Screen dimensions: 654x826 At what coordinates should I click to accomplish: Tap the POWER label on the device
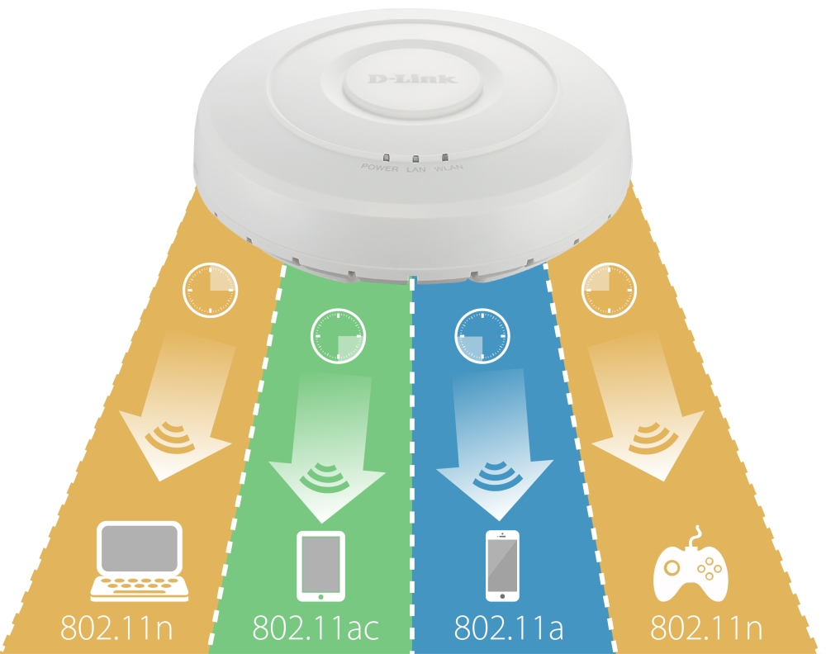pos(379,168)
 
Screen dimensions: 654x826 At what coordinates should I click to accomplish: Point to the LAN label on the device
pos(415,168)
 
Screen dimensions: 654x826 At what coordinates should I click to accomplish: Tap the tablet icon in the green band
pos(320,566)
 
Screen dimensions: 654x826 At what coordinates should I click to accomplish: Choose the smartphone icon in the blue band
pos(502,566)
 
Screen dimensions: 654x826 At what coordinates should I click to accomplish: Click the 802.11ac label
pos(316,628)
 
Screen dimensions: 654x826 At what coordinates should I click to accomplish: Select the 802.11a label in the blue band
pos(508,628)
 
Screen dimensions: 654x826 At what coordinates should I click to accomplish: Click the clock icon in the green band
pos(338,337)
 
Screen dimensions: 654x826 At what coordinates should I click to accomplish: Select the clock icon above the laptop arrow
pos(210,290)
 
